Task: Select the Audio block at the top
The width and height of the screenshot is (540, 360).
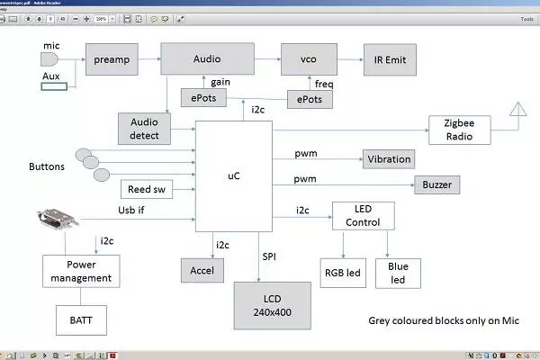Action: click(206, 58)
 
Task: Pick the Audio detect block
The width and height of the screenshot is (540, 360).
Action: click(145, 128)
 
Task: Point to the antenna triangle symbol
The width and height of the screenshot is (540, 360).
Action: click(518, 110)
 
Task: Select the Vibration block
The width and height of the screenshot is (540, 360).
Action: click(389, 159)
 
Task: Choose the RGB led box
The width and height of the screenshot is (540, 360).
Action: click(343, 272)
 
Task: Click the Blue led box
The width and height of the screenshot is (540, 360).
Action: click(397, 273)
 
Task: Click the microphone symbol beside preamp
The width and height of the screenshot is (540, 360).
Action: click(50, 58)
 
